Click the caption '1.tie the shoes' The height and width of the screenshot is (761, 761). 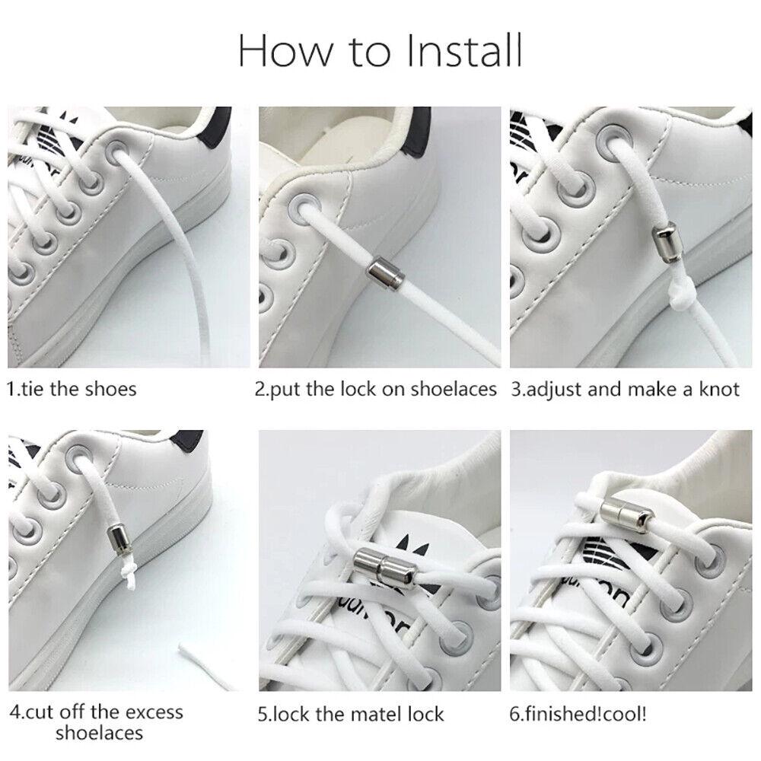(72, 389)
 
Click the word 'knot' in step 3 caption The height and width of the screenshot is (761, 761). (715, 389)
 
